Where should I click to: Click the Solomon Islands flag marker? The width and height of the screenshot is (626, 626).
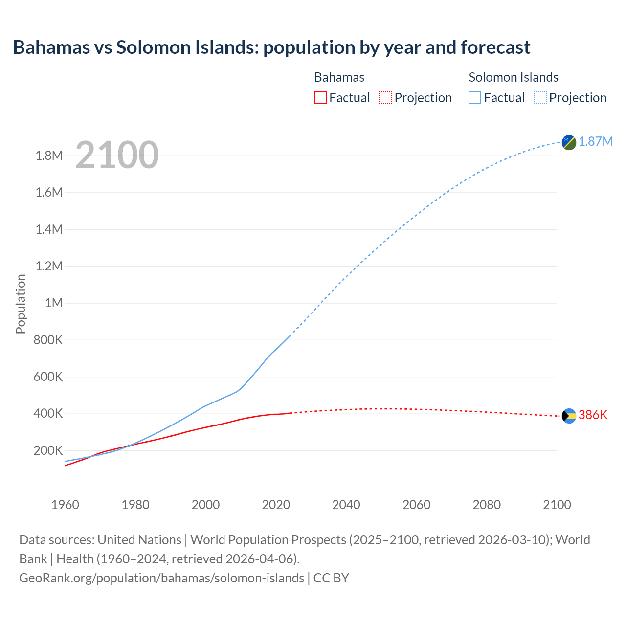pyautogui.click(x=569, y=142)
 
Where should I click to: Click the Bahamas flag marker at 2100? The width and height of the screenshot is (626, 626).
pyautogui.click(x=569, y=416)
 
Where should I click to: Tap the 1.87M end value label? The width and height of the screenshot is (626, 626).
pyautogui.click(x=596, y=142)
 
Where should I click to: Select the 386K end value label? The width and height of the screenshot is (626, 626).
pyautogui.click(x=593, y=415)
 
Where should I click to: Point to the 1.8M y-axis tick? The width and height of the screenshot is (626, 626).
pyautogui.click(x=49, y=156)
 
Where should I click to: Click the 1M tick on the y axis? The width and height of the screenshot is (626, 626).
pyautogui.click(x=54, y=303)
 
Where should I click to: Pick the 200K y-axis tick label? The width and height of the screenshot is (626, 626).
pyautogui.click(x=48, y=450)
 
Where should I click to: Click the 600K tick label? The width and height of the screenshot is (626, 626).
pyautogui.click(x=48, y=377)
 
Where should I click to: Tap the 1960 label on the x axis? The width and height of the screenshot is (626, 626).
pyautogui.click(x=65, y=505)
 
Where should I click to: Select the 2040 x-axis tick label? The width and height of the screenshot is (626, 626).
pyautogui.click(x=346, y=505)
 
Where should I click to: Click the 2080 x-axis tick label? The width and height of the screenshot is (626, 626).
pyautogui.click(x=487, y=505)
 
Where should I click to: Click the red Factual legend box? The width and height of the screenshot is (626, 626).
pyautogui.click(x=320, y=97)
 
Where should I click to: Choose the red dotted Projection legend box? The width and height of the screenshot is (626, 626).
pyautogui.click(x=385, y=97)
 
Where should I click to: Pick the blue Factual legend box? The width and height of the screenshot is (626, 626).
pyautogui.click(x=474, y=97)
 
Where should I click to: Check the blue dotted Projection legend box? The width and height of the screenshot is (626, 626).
pyautogui.click(x=540, y=97)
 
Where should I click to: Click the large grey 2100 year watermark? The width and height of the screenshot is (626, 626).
pyautogui.click(x=117, y=155)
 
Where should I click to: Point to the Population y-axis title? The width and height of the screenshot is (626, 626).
pyautogui.click(x=21, y=304)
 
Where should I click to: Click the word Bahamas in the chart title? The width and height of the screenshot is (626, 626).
pyautogui.click(x=51, y=47)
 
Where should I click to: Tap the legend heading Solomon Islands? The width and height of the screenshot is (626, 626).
pyautogui.click(x=513, y=77)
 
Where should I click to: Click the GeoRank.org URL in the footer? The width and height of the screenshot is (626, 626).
pyautogui.click(x=161, y=578)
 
